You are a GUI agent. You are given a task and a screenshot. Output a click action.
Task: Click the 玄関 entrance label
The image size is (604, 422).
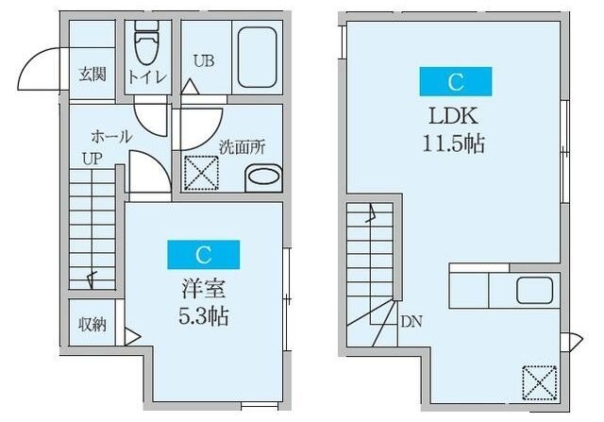point(92,74)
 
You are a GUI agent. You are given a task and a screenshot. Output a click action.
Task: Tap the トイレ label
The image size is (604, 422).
point(147,74)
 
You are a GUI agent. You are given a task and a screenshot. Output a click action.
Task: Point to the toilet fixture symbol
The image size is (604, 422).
point(146,42)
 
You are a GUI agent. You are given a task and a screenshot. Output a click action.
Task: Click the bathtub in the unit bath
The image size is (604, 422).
point(258,57)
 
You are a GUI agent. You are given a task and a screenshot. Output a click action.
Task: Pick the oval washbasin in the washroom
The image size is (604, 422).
point(263,177)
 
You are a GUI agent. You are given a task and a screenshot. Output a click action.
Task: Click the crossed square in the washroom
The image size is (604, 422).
point(200,173)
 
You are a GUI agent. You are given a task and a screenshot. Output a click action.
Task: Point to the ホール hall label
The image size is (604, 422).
point(111,137)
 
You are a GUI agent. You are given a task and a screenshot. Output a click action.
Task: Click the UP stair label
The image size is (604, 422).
point(91,159)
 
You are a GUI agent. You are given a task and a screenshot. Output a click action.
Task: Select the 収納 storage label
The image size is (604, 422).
point(92,324)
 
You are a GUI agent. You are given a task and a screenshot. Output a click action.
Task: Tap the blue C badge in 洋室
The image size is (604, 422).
point(203,254)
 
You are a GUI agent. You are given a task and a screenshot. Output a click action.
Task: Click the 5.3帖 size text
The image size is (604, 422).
point(203,312)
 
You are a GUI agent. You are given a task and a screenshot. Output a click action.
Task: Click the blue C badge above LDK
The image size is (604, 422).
point(456,82)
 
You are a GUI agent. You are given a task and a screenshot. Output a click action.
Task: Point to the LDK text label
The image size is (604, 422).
point(455,117)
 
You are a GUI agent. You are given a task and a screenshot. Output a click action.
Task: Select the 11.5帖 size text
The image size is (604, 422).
point(455,146)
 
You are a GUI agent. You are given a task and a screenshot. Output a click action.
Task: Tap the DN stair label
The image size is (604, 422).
point(411,321)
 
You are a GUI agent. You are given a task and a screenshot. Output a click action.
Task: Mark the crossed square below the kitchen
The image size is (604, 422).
point(538,382)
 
